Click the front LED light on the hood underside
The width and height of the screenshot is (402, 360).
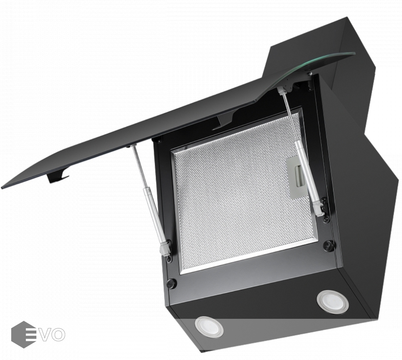(x=209, y=326)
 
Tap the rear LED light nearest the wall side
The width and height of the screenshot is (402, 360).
(x=333, y=301)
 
